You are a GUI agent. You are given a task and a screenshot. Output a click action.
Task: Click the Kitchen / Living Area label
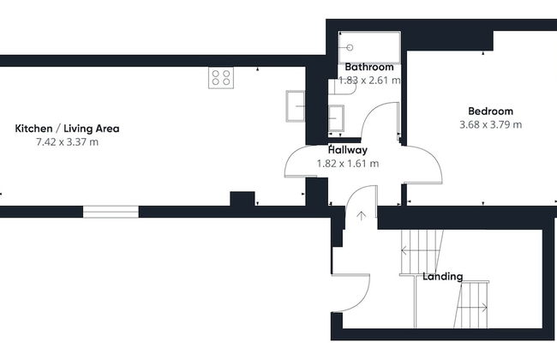pyautogui.click(x=67, y=129)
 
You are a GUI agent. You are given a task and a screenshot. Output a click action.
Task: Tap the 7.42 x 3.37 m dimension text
pyautogui.click(x=67, y=142)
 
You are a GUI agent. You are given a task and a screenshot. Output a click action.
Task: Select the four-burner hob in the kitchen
pyautogui.click(x=221, y=77)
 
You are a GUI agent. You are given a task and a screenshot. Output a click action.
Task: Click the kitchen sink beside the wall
pyautogui.click(x=295, y=106)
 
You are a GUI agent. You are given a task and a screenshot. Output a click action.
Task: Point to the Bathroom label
pyautogui.click(x=369, y=67)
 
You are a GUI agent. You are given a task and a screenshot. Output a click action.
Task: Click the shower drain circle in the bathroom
pyautogui.click(x=350, y=47)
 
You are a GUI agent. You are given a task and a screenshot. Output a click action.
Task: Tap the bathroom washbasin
pyautogui.click(x=336, y=118)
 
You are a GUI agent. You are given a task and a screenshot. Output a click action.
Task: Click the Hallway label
pyautogui.click(x=348, y=150)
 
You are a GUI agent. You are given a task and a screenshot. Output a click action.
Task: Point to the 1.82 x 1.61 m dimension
pyautogui.click(x=348, y=164)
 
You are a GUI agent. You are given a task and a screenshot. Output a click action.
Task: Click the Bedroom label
pyautogui.click(x=490, y=111)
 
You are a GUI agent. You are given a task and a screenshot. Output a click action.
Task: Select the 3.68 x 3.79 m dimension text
pyautogui.click(x=490, y=125)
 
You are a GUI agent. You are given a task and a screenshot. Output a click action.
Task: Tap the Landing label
pyautogui.click(x=443, y=277)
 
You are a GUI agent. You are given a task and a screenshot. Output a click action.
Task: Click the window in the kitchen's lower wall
pyautogui.click(x=111, y=212)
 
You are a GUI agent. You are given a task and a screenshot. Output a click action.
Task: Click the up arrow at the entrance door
pyautogui.click(x=362, y=216)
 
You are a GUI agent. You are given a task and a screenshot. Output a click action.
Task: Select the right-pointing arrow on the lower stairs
pyautogui.click(x=472, y=308)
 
